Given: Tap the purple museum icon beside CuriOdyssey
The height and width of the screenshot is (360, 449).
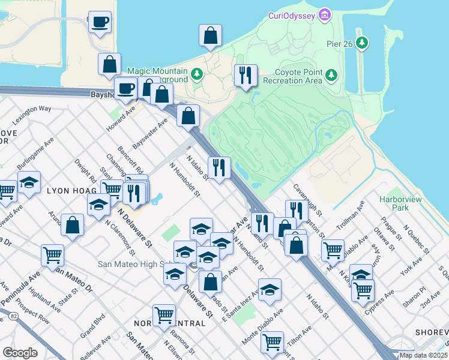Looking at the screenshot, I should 325,13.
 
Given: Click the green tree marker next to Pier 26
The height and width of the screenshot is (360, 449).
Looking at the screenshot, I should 362,43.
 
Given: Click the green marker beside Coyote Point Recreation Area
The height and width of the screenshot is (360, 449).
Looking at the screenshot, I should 331,76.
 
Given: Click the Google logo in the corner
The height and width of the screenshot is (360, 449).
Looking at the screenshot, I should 20,353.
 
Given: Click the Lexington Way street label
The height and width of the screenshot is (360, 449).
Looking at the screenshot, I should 32,113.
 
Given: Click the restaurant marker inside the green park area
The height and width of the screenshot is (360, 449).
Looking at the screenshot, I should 245,76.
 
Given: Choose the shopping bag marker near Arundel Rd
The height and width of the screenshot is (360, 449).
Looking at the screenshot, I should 72,225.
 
